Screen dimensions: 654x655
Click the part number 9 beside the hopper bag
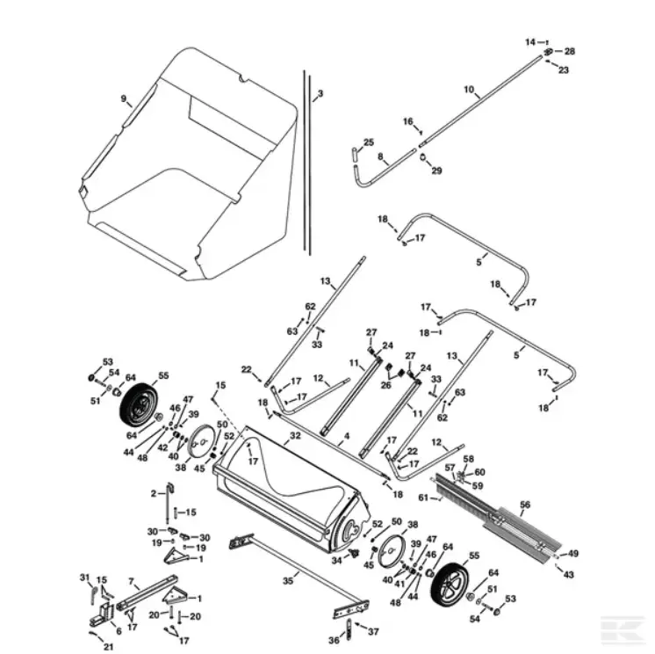point(124,99)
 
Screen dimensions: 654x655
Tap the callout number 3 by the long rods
point(320,93)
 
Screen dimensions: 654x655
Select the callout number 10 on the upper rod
point(469,90)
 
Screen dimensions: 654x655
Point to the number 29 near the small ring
point(436,170)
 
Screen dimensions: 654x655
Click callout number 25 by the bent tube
point(369,142)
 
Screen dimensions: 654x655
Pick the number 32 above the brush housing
point(295,435)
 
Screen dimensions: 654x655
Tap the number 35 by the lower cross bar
point(287,579)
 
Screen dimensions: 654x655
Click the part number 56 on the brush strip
point(525,505)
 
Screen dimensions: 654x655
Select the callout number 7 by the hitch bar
point(131,581)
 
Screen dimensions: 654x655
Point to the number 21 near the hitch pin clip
point(108,647)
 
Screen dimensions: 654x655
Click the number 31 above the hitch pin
point(85,578)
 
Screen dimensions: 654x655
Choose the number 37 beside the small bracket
point(373,631)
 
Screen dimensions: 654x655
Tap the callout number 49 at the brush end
point(573,554)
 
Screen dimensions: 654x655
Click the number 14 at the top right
point(530,42)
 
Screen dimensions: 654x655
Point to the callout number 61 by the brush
point(423,498)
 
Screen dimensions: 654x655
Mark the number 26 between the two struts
point(386,384)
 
